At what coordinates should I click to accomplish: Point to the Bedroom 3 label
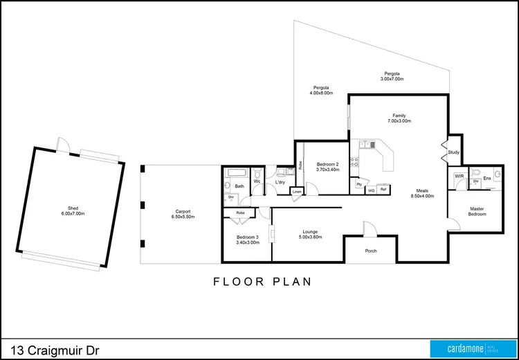[x=248, y=238]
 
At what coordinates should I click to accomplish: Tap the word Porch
[x=371, y=251]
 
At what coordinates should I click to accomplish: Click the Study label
[x=453, y=152]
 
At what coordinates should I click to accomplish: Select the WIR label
[x=458, y=177]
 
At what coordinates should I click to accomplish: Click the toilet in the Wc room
[x=257, y=174]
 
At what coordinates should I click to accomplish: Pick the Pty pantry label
[x=359, y=185]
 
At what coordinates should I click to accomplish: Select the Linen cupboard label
[x=296, y=191]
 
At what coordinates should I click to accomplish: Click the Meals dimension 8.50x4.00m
[x=421, y=196]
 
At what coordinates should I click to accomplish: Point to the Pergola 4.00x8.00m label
[x=319, y=91]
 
